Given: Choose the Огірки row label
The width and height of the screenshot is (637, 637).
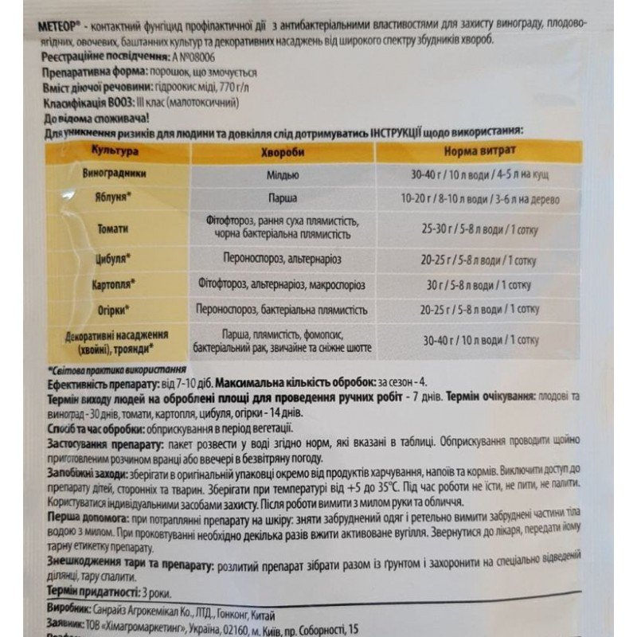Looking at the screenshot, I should point(115,308).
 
